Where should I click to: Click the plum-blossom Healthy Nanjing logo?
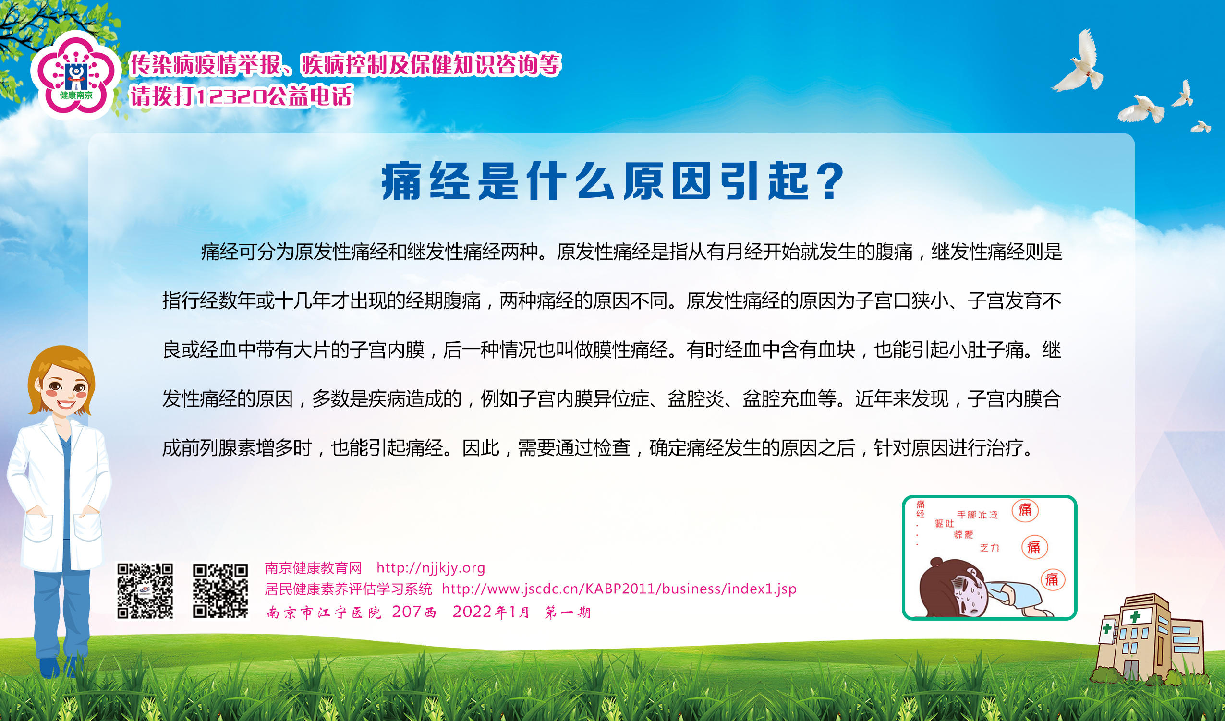tap(76, 75)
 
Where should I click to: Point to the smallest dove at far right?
tap(1201, 126)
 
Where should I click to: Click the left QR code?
tap(145, 590)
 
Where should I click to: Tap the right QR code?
tap(220, 590)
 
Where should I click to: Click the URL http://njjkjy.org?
tap(431, 568)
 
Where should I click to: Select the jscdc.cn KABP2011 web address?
tap(619, 589)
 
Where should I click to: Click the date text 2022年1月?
tap(490, 612)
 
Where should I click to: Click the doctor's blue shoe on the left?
tap(49, 668)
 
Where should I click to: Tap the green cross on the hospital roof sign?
tap(1135, 617)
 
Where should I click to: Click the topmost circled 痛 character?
tap(1025, 510)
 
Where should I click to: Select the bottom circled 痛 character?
tap(1052, 579)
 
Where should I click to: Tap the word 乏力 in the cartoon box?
tap(989, 548)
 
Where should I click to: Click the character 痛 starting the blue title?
tap(401, 181)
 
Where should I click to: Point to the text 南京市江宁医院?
tap(324, 612)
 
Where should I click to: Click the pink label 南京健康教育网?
tap(313, 568)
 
